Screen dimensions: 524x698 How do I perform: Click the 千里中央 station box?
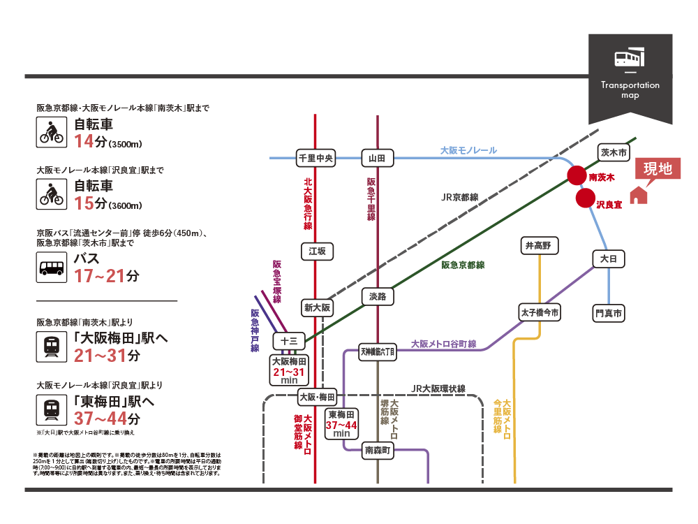coord(315,159)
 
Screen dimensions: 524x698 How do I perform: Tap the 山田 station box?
coord(377,159)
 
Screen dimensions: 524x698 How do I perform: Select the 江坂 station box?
coord(318,252)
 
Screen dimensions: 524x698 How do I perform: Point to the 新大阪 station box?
coord(318,307)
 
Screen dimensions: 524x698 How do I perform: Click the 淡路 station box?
coord(377,296)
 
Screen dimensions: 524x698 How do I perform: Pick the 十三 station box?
coord(288,341)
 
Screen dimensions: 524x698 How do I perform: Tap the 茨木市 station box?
coord(614,152)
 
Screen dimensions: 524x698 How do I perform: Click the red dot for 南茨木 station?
coord(576,176)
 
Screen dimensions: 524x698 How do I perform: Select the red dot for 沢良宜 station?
coord(585,199)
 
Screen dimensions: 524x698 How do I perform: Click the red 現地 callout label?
coord(657,168)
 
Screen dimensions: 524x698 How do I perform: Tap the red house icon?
coord(638,195)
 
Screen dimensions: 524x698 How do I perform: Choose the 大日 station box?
coord(608,259)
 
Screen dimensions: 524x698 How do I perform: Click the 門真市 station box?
coord(608,313)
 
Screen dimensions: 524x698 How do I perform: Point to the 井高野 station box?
coord(538,245)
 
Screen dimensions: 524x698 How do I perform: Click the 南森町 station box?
coord(378,451)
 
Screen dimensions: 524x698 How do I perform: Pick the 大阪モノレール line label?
coord(468,150)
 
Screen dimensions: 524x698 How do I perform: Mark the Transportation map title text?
coord(630,89)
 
